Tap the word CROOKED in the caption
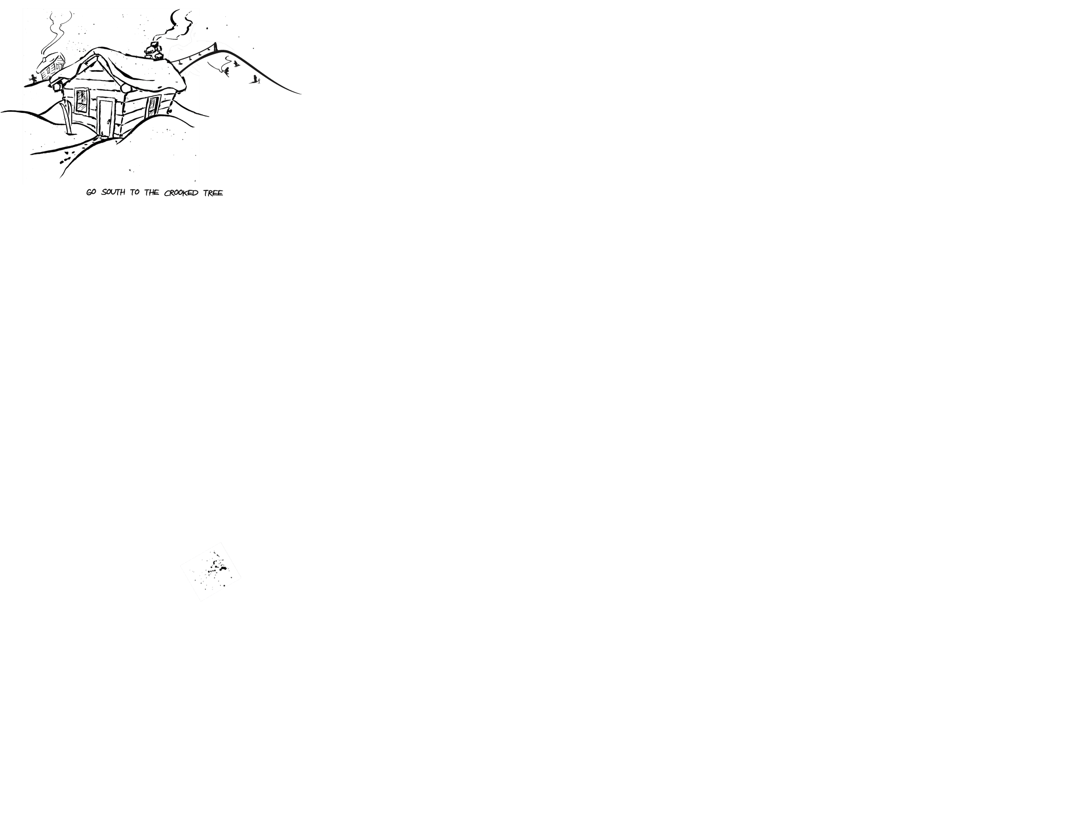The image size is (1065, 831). click(x=181, y=193)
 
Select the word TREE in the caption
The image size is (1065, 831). click(x=213, y=193)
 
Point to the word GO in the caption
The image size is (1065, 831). click(x=91, y=192)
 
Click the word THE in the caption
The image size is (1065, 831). click(x=151, y=192)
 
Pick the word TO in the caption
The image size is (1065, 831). click(x=134, y=192)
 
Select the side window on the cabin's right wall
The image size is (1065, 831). click(x=153, y=106)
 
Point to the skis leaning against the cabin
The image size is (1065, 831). click(x=67, y=117)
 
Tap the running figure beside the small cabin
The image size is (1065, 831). click(x=33, y=79)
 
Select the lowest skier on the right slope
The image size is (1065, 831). click(x=255, y=79)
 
